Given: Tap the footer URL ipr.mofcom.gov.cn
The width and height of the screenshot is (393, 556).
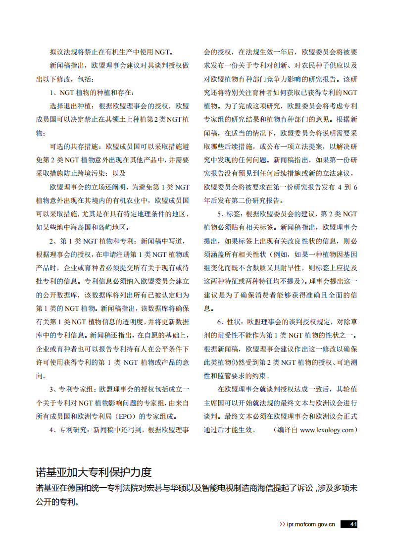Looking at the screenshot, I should (x=311, y=524).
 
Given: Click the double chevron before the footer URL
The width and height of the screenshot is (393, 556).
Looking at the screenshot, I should (x=282, y=524).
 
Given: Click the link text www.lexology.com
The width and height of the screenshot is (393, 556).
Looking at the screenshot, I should (x=327, y=430).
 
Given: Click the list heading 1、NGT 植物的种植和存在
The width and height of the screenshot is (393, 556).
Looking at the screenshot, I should (x=92, y=92).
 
